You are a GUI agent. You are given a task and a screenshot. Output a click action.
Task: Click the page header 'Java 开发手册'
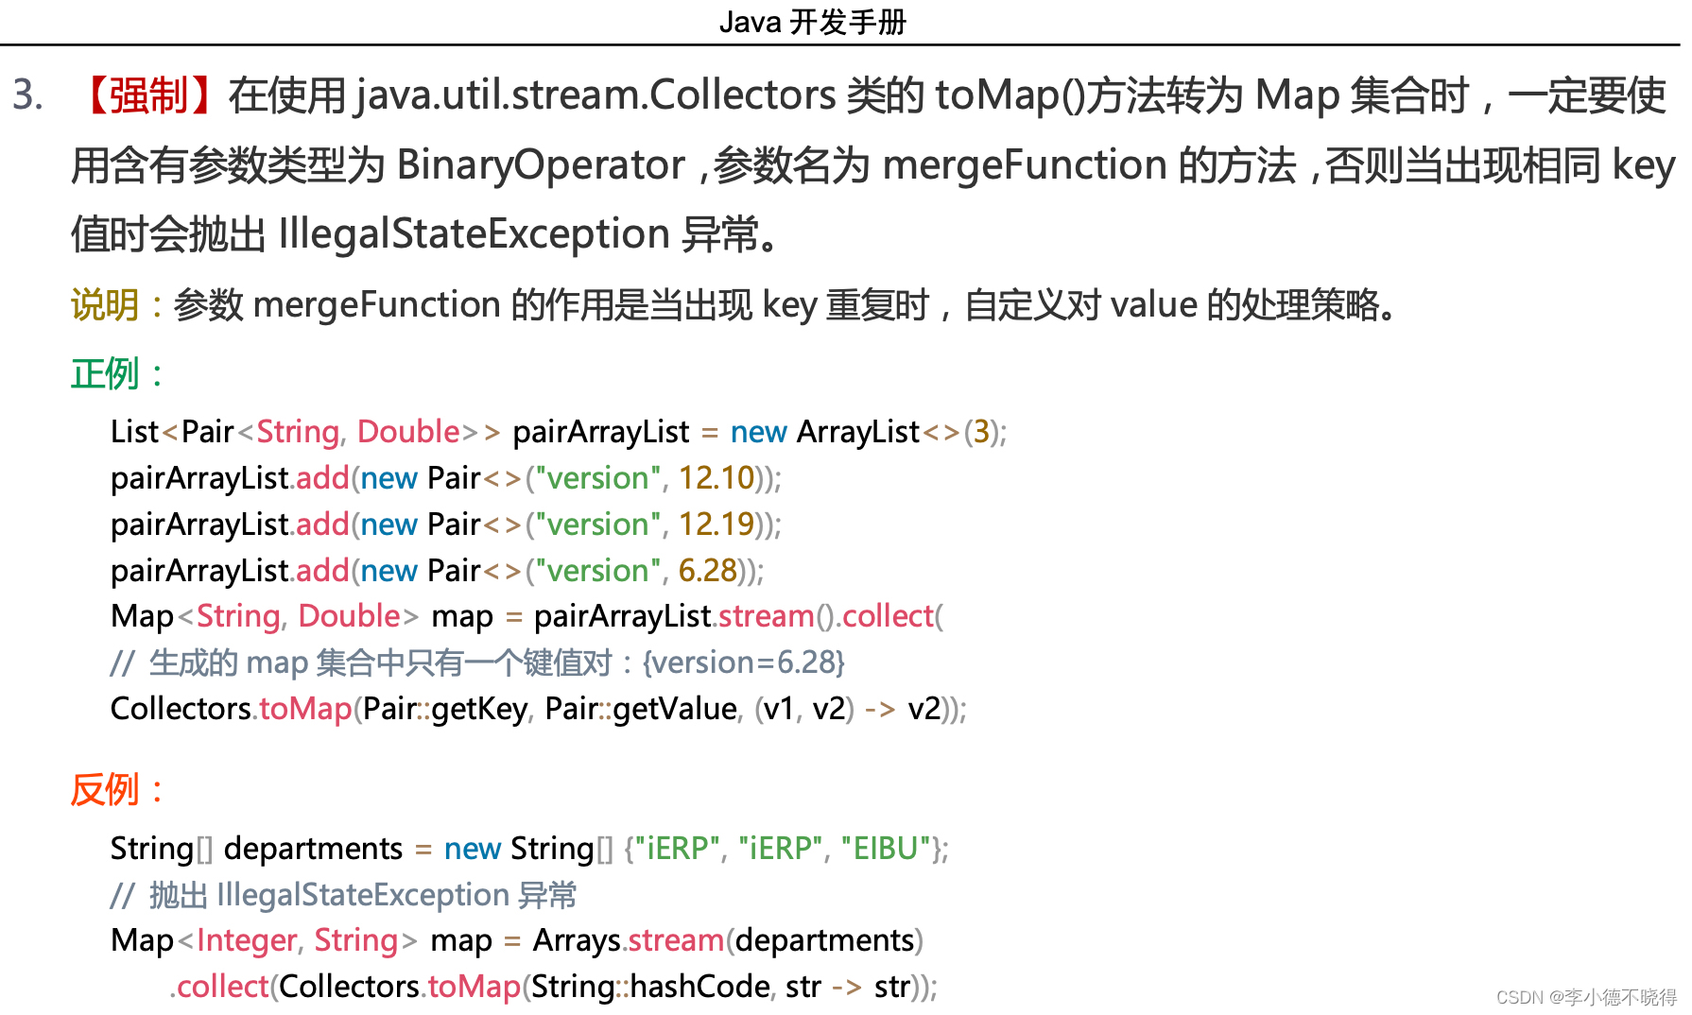click(812, 21)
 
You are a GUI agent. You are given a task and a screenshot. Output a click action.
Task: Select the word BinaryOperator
click(541, 165)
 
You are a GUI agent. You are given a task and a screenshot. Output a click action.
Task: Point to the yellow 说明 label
click(105, 305)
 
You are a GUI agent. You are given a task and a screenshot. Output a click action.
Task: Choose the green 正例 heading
click(105, 374)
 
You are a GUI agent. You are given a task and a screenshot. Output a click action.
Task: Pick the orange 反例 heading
click(105, 789)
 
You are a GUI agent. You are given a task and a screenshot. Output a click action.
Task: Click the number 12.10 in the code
click(717, 478)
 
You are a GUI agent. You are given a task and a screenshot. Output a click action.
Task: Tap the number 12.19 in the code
click(717, 525)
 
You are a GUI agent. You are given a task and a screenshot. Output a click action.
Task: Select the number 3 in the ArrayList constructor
click(981, 432)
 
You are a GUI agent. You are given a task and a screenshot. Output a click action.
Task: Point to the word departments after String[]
click(313, 849)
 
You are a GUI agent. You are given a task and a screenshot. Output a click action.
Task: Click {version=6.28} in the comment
click(743, 662)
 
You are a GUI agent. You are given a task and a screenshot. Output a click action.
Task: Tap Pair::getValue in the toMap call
click(641, 709)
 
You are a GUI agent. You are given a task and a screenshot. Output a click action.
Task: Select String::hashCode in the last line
click(650, 987)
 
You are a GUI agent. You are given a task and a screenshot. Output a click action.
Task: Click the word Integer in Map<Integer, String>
click(247, 940)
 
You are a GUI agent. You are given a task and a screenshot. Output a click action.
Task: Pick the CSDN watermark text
click(1585, 998)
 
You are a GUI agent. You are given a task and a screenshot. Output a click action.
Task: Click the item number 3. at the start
click(28, 95)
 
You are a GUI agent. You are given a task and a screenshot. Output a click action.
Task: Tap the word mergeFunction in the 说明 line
click(376, 305)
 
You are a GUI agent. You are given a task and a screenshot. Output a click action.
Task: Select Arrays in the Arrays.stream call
click(577, 940)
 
